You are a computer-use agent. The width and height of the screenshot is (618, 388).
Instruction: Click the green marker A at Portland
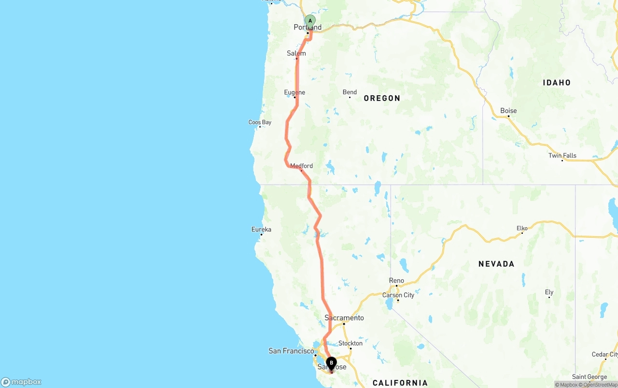[310, 21]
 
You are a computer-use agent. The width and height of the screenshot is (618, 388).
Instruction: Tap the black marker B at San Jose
[331, 363]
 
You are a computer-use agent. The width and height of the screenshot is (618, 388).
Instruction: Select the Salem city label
[296, 53]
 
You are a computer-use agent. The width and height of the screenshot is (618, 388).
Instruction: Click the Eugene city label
[295, 92]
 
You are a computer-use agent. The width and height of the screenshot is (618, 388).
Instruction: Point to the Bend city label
[350, 92]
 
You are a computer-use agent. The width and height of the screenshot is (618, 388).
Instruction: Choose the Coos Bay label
[260, 122]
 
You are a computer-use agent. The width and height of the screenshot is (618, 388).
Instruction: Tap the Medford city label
[301, 166]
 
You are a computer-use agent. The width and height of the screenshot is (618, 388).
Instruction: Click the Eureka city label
[261, 230]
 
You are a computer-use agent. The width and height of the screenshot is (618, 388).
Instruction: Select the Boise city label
[508, 111]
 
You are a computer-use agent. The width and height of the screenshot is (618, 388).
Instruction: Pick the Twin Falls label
[562, 156]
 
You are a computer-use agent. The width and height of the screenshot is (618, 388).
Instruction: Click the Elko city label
[522, 228]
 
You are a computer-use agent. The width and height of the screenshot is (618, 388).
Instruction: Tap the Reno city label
[396, 281]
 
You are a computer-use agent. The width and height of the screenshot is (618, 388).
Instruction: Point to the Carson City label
[398, 295]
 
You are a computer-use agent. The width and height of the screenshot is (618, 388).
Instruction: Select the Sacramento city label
[344, 318]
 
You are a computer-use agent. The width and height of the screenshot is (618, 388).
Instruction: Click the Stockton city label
[351, 344]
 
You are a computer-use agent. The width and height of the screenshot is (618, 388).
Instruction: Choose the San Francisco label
[291, 351]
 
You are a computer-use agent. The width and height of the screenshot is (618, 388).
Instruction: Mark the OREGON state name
[382, 98]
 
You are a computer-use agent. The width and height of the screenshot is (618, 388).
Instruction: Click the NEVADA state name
[496, 264]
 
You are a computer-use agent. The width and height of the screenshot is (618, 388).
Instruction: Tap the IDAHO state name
[557, 83]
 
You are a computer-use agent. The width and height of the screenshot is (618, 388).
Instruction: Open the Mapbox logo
[21, 382]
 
